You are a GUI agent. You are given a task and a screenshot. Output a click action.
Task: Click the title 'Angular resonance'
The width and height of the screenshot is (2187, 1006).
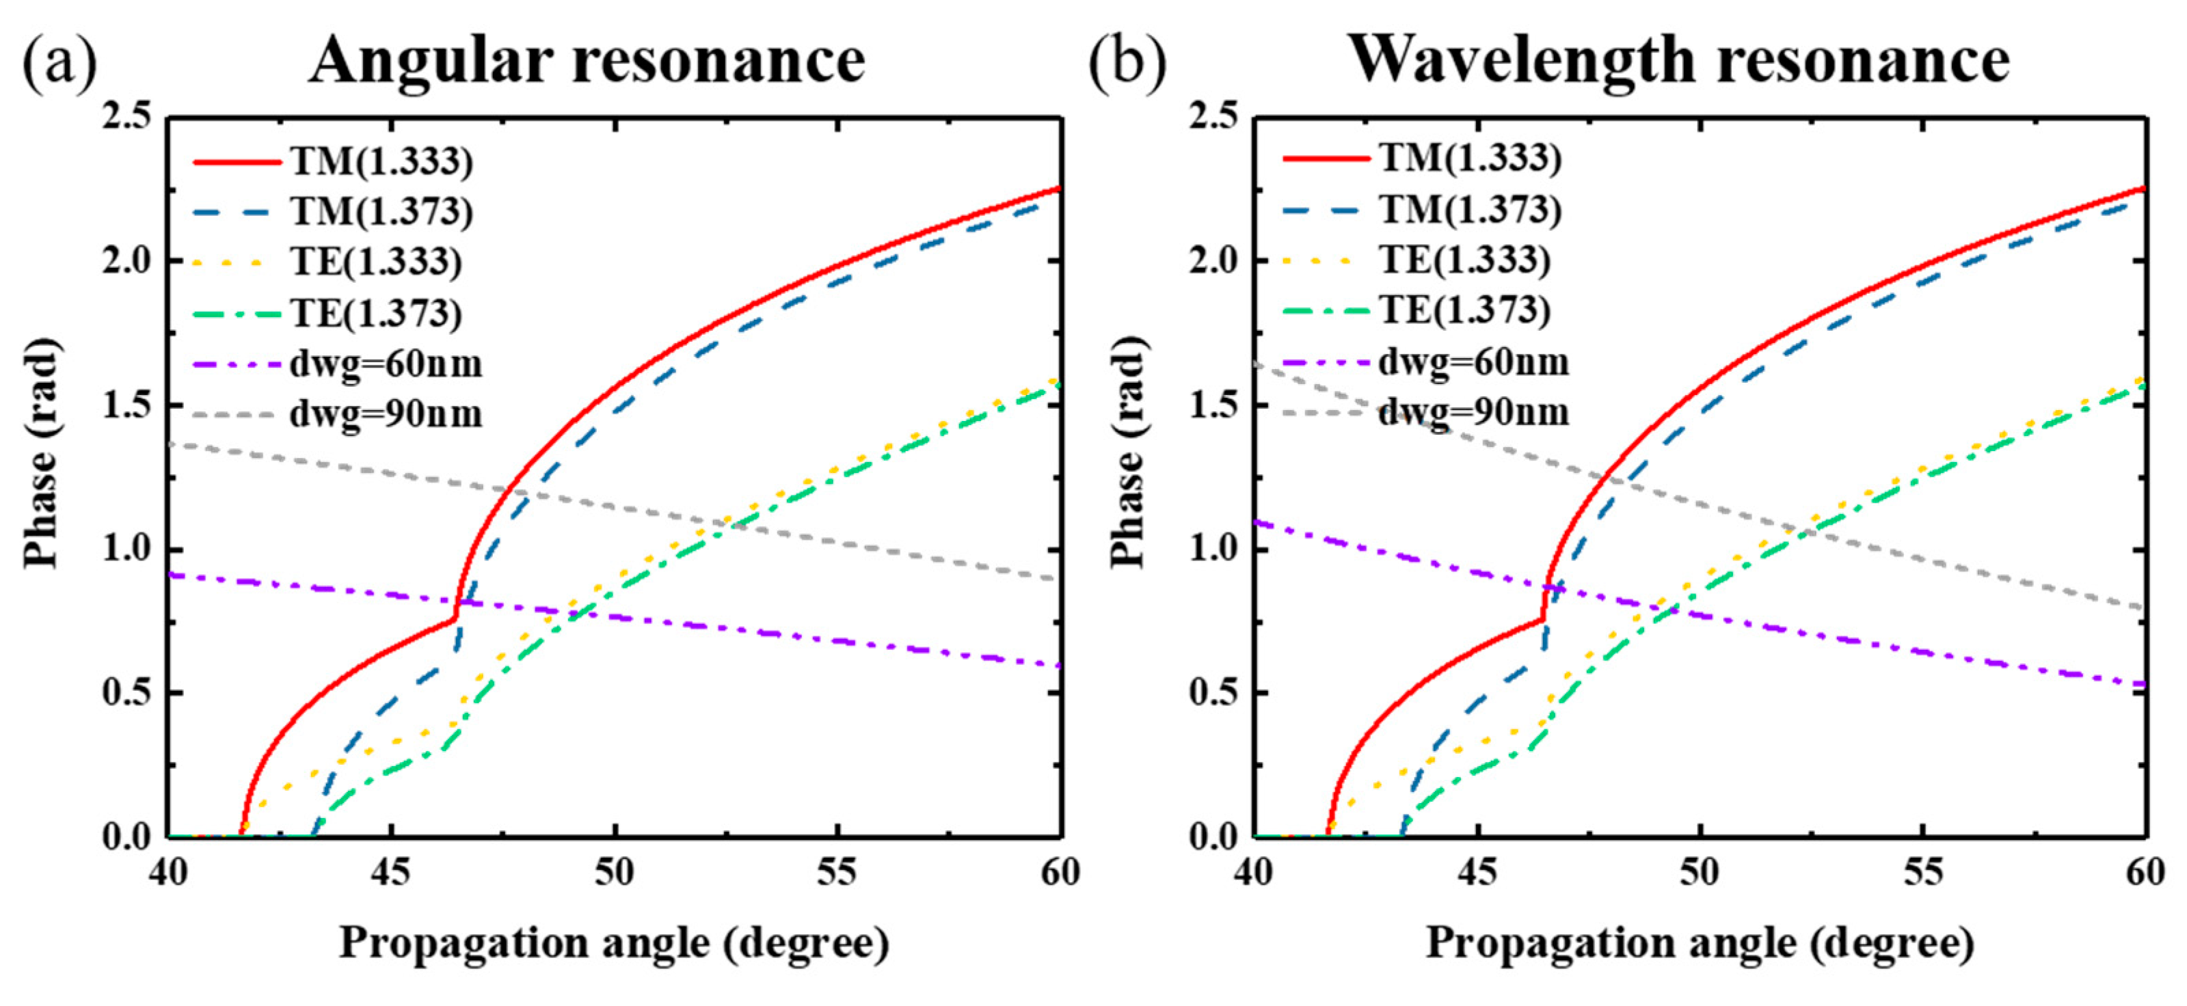tap(587, 61)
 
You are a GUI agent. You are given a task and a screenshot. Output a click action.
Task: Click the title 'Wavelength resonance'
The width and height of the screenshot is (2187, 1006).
tap(1678, 61)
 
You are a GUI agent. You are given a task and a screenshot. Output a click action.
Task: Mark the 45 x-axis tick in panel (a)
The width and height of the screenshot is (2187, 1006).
tap(390, 873)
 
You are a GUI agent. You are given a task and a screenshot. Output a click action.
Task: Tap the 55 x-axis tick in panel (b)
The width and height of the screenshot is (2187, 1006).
tap(1923, 873)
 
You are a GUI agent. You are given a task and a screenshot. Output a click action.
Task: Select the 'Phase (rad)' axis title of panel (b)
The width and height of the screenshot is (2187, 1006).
tap(1128, 452)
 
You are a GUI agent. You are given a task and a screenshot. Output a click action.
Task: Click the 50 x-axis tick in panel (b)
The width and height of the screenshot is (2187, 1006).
tap(1700, 873)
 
